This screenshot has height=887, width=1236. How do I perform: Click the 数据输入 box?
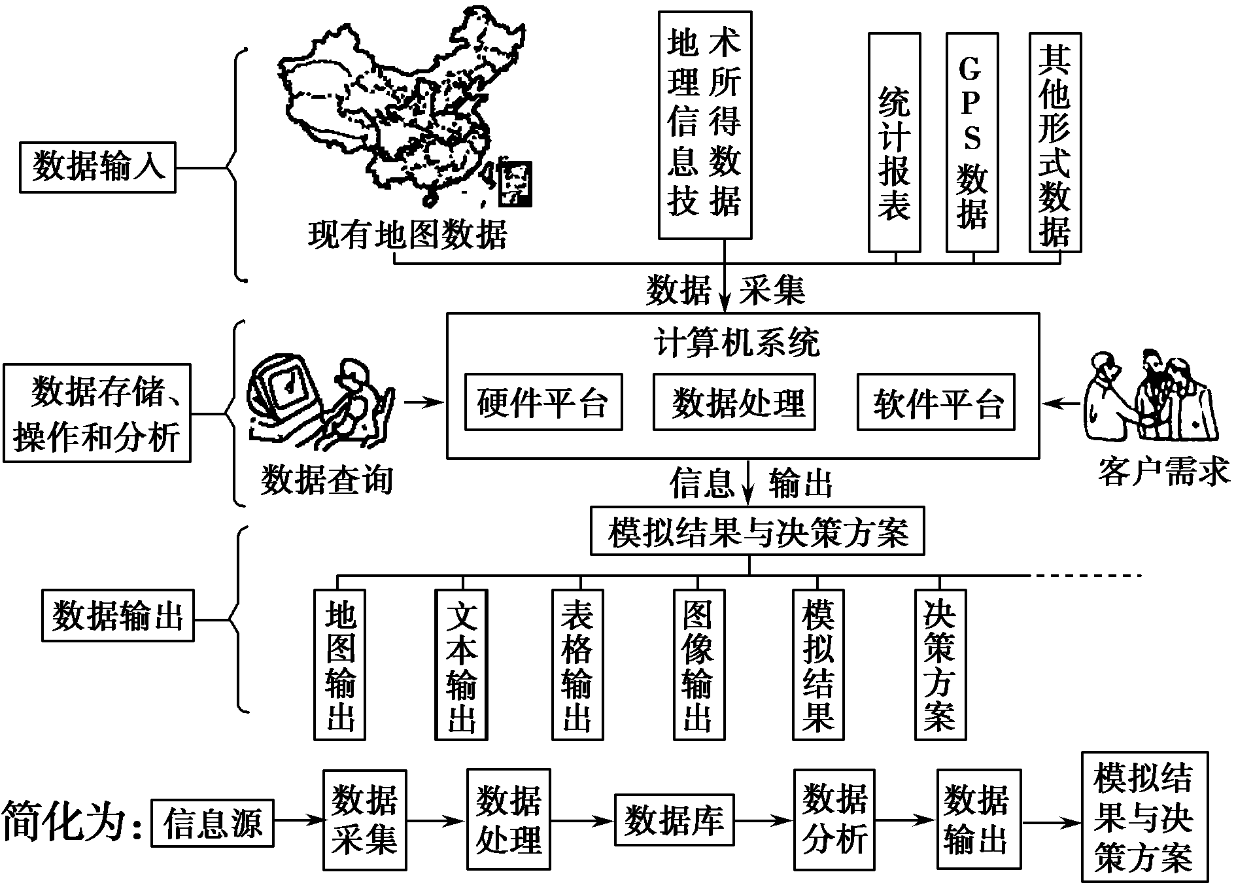[x=97, y=167]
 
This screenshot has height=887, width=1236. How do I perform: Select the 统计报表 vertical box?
[x=894, y=143]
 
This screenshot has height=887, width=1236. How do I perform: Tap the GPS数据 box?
[x=972, y=143]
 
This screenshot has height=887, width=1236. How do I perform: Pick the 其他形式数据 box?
[x=1055, y=143]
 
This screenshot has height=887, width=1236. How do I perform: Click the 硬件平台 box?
[x=543, y=402]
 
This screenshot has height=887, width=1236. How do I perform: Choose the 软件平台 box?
[x=936, y=402]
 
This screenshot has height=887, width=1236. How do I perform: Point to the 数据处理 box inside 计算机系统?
[x=734, y=402]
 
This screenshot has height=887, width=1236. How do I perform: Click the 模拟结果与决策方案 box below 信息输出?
[x=757, y=531]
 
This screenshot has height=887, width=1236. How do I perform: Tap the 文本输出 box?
[x=461, y=665]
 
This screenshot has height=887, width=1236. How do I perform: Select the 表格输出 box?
[x=577, y=665]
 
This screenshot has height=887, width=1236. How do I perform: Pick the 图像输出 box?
[x=699, y=665]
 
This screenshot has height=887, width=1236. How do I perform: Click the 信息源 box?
[x=212, y=822]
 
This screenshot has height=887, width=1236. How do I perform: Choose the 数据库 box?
[x=674, y=819]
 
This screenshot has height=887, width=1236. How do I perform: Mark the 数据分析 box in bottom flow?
[x=834, y=819]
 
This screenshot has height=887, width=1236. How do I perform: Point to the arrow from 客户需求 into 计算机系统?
[x=1061, y=403]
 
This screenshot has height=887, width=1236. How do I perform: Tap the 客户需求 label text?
[x=1163, y=472]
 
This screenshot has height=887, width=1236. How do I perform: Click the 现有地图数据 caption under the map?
[x=407, y=235]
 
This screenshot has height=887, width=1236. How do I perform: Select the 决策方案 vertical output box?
[x=940, y=665]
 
